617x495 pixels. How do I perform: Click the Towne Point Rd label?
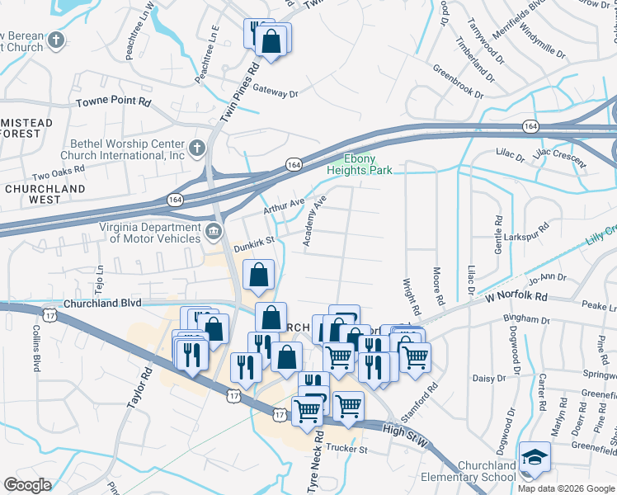(x=114, y=103)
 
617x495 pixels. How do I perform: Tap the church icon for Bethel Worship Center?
(x=196, y=148)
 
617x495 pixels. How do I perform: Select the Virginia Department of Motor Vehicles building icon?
(x=214, y=230)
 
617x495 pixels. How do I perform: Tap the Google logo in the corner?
(x=27, y=484)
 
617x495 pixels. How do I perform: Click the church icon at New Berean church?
(x=56, y=40)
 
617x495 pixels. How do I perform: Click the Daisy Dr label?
(x=490, y=379)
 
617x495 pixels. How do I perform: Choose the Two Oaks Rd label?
(x=59, y=172)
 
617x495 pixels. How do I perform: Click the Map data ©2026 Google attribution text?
(x=566, y=488)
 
